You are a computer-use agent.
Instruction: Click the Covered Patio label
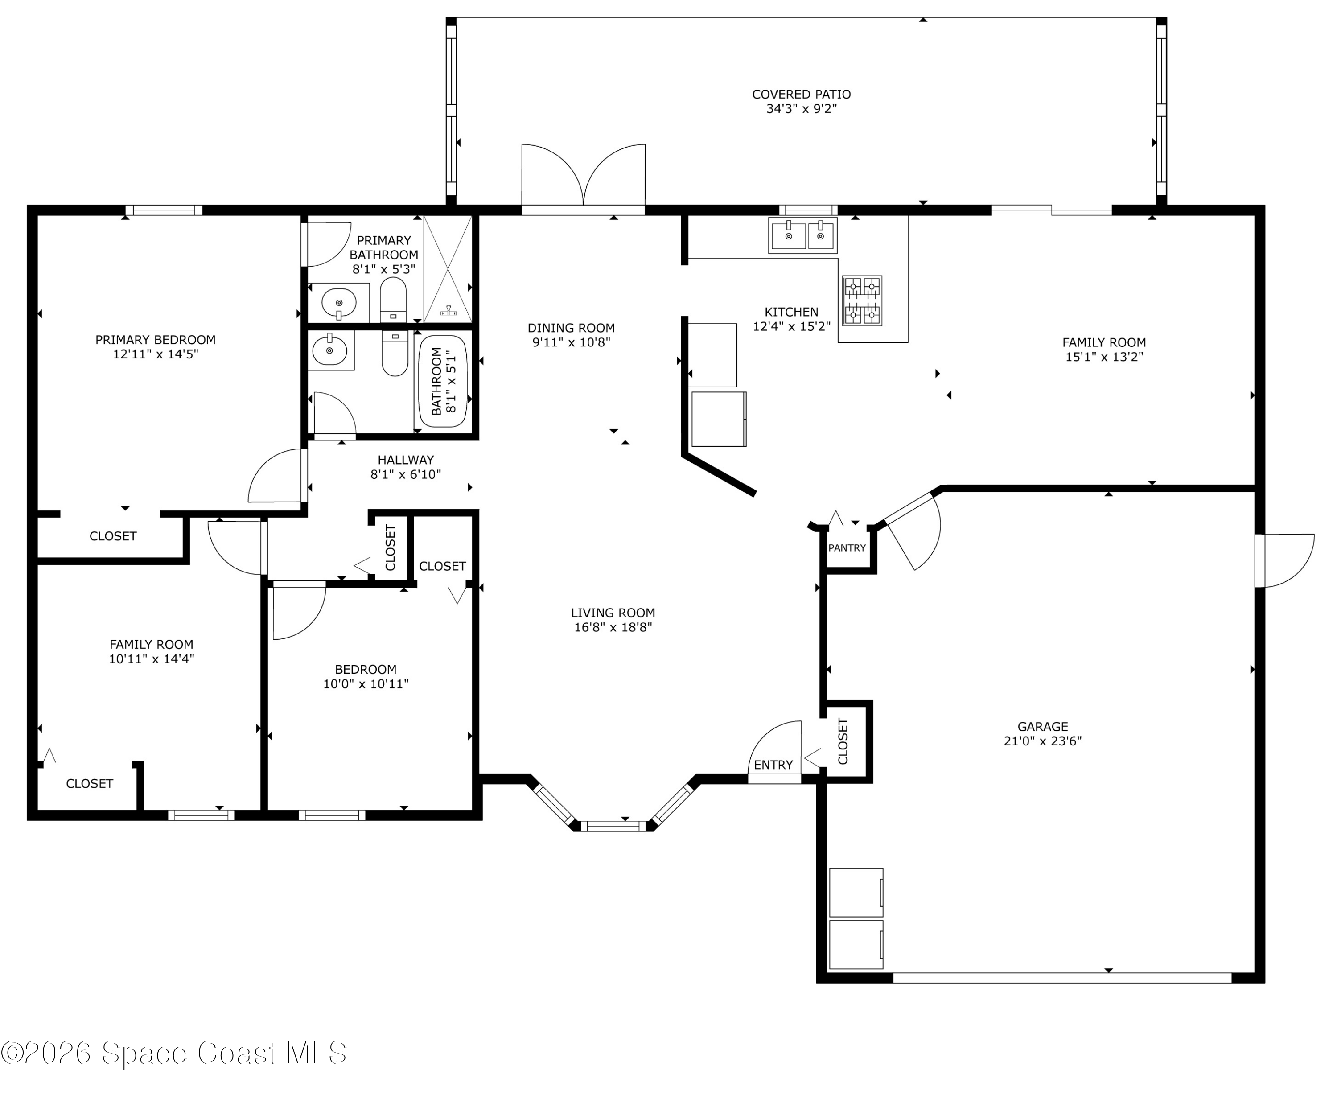(801, 95)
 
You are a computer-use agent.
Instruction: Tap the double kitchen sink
(802, 235)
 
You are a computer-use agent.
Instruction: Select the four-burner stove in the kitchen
(862, 300)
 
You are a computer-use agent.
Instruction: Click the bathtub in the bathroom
(443, 381)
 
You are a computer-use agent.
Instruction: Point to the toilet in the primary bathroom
(393, 300)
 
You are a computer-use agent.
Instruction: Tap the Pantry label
(847, 547)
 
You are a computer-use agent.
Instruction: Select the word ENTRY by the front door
(773, 765)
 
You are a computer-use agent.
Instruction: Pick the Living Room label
(613, 613)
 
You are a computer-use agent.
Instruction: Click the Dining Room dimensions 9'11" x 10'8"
(571, 342)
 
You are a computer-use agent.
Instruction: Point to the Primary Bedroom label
(156, 340)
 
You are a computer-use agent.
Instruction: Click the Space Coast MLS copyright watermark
(173, 1053)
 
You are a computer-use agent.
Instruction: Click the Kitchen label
(791, 312)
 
